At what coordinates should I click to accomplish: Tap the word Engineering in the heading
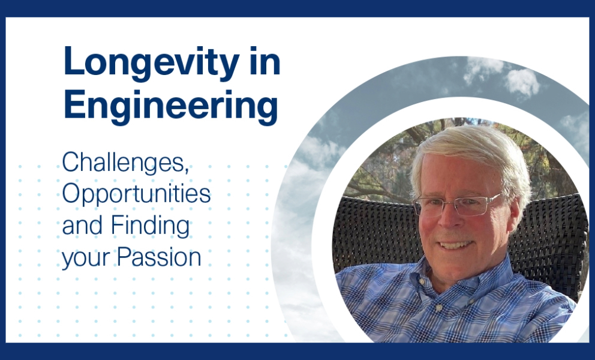(x=171, y=106)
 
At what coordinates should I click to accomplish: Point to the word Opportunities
(x=137, y=194)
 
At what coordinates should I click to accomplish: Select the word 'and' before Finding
(x=82, y=226)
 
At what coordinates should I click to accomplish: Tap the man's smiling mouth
(x=455, y=245)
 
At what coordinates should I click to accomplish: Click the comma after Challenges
(x=187, y=170)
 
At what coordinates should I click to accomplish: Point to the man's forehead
(x=456, y=177)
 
